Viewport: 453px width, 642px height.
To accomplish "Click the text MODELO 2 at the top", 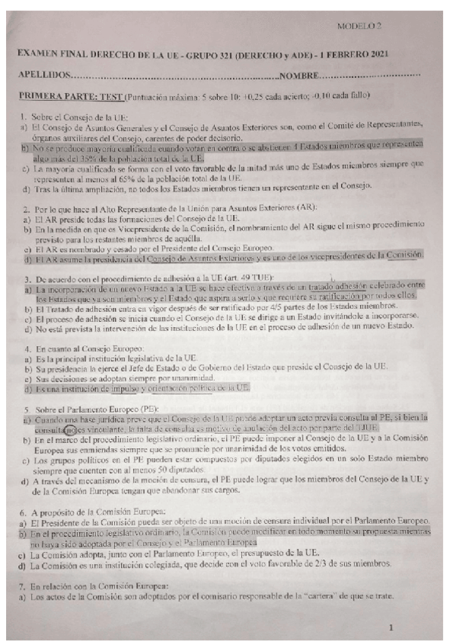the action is (x=360, y=26).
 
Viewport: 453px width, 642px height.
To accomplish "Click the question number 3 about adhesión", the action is (x=23, y=278).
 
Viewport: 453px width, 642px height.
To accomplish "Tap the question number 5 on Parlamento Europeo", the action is (x=23, y=408).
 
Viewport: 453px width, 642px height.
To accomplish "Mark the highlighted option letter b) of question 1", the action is (x=23, y=150).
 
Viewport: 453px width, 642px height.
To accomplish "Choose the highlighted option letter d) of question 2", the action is (x=23, y=257).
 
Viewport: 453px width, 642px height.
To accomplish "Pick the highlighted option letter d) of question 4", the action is (x=23, y=388).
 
